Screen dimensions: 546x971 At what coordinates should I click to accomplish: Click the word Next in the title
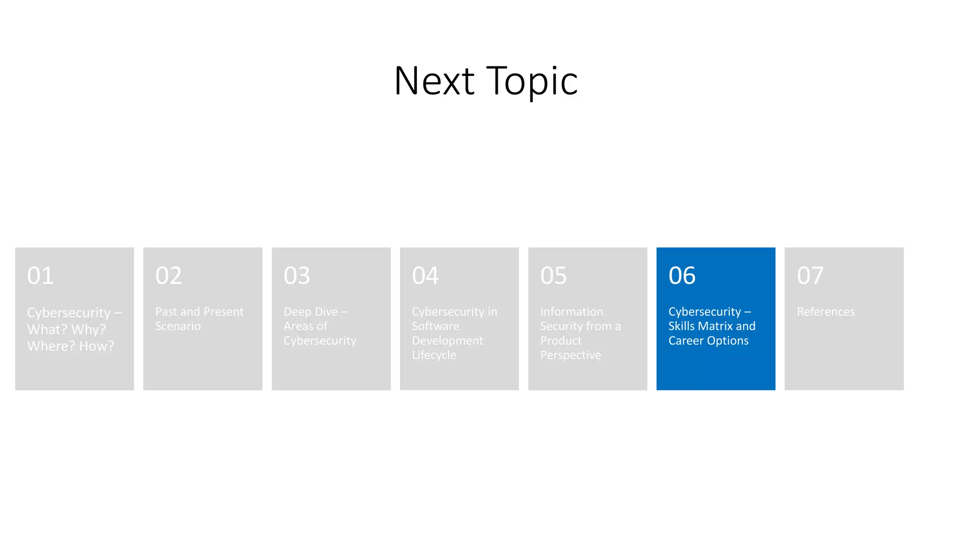(434, 81)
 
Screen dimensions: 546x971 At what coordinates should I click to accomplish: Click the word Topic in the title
(532, 82)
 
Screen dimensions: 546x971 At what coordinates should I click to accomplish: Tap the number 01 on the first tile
(40, 275)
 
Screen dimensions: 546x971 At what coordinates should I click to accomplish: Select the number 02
(168, 275)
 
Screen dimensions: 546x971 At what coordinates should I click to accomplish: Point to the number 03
(297, 275)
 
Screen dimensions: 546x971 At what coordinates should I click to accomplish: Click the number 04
(425, 275)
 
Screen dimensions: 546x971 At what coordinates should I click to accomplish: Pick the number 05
(553, 275)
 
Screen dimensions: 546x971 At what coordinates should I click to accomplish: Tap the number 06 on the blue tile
(682, 275)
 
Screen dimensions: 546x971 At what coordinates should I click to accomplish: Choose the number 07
(810, 275)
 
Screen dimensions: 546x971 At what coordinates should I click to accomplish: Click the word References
(825, 312)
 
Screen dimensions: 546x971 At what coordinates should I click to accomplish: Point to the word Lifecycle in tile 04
(434, 355)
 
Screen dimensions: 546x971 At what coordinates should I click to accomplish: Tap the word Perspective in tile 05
(570, 355)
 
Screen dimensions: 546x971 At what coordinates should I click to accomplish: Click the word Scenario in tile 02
(178, 326)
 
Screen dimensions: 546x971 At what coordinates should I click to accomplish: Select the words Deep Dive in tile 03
(311, 312)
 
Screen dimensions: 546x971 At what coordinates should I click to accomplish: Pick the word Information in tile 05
(571, 312)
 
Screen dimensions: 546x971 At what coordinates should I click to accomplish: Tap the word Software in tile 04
(435, 326)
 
